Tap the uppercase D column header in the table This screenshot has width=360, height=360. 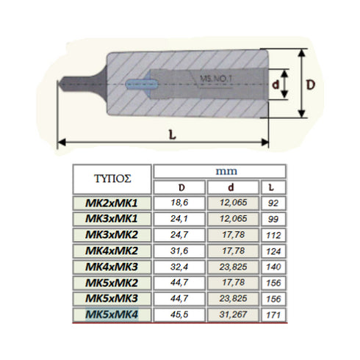179,187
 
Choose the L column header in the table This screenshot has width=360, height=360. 273,187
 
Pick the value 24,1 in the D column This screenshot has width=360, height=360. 179,220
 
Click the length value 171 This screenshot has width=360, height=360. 273,314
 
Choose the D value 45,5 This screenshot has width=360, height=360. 179,314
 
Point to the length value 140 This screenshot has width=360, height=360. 273,267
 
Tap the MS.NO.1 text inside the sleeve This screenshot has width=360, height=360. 215,76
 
